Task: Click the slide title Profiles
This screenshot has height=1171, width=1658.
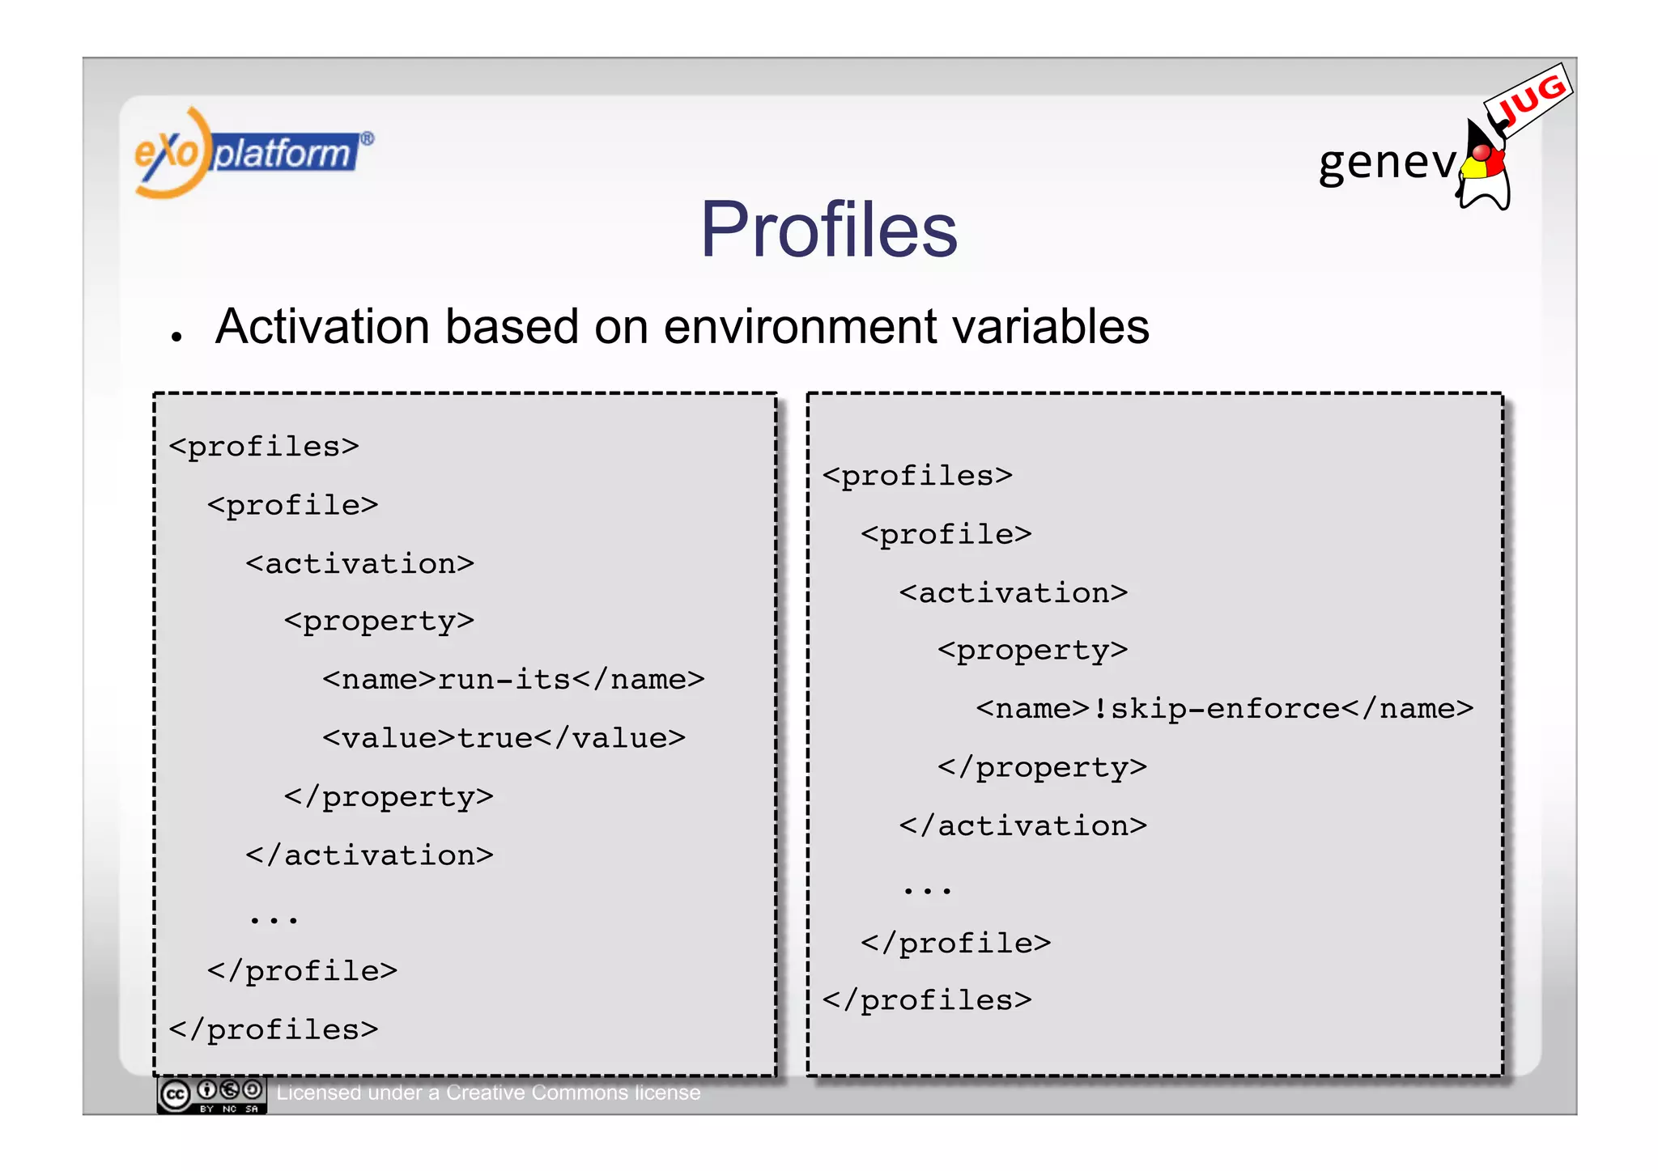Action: [x=828, y=230]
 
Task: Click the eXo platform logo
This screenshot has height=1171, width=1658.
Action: [x=253, y=153]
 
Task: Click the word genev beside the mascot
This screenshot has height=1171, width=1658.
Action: [x=1386, y=163]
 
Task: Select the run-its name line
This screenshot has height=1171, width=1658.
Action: [x=513, y=680]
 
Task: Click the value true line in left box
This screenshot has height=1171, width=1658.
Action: [x=504, y=738]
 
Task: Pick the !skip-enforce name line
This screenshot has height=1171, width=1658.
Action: [x=1224, y=709]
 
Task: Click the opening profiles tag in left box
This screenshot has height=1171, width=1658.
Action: [x=264, y=447]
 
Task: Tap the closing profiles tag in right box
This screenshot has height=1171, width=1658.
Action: [x=927, y=1001]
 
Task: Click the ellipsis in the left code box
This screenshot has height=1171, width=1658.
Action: [x=274, y=919]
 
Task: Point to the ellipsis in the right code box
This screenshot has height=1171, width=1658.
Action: [x=927, y=890]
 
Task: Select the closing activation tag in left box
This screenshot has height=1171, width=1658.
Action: [x=369, y=855]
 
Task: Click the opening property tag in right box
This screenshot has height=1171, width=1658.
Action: [x=1032, y=651]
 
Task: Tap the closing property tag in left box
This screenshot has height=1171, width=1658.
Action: [x=389, y=797]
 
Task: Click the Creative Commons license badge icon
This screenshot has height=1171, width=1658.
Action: [x=211, y=1095]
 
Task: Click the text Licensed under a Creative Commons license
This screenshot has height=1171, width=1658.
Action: [x=488, y=1093]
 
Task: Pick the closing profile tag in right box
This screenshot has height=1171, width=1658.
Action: [x=955, y=944]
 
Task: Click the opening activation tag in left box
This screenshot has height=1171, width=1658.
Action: [x=359, y=564]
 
